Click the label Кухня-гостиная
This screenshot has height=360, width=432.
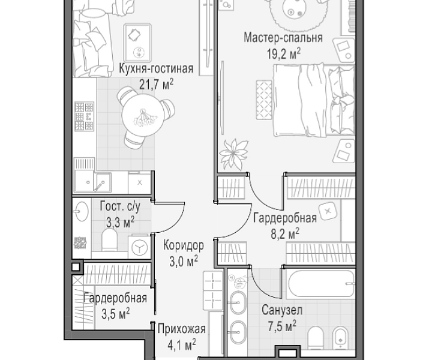[156, 68]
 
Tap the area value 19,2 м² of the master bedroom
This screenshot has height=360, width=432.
[283, 53]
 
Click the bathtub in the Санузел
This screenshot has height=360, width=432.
[321, 284]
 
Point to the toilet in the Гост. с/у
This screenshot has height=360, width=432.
[109, 240]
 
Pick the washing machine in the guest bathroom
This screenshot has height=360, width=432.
[140, 247]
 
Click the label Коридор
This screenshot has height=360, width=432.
[183, 245]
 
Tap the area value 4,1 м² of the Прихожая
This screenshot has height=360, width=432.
[182, 345]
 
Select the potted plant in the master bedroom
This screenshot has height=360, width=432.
[233, 154]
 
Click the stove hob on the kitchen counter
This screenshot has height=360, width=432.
[85, 116]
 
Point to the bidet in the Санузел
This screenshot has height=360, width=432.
[341, 338]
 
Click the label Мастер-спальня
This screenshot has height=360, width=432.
[283, 38]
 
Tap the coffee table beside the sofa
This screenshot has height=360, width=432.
[137, 43]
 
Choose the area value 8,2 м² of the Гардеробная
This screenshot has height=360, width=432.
[285, 234]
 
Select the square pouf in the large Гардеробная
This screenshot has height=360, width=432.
[328, 211]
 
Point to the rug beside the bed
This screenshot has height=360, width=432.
[264, 100]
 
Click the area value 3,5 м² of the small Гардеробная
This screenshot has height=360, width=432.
[116, 314]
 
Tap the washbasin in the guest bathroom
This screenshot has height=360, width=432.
[82, 212]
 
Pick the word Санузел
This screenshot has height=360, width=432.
[282, 310]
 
